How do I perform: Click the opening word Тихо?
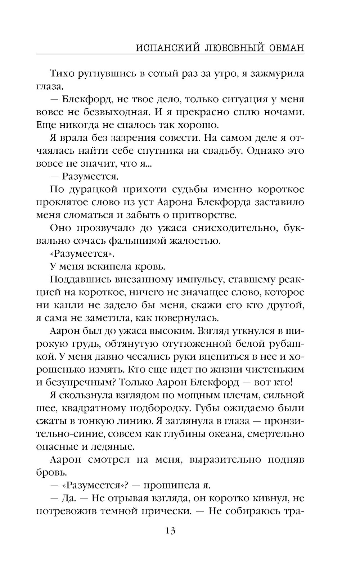62,74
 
